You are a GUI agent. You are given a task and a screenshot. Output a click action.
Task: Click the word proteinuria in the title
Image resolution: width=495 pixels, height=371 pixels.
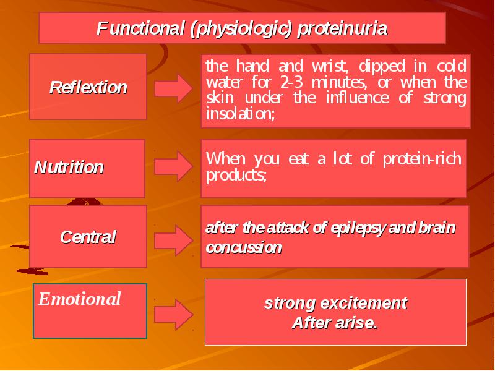pos(342,28)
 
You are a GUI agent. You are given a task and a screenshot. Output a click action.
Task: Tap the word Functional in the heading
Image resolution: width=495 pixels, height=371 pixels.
pos(140,28)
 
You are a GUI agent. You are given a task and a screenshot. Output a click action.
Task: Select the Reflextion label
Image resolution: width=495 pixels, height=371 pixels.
pos(88,87)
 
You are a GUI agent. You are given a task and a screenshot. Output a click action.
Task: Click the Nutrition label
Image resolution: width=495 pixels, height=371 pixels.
pos(69,167)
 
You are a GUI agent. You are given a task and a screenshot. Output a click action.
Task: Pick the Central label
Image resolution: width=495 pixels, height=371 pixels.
pos(88,237)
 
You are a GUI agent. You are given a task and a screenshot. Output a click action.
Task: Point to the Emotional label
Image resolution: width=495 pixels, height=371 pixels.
pos(80,299)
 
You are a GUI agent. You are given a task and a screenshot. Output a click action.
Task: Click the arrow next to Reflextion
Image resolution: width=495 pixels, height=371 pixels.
pos(173,88)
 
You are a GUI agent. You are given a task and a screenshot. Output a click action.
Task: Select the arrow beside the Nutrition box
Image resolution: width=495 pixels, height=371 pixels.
pos(173,166)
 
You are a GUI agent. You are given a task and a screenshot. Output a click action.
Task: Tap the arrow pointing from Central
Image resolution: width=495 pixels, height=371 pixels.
pos(173,241)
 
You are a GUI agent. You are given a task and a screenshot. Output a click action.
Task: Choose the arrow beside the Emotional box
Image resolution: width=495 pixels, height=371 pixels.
pos(173,315)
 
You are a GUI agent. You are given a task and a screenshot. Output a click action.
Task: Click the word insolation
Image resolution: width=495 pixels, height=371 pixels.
pos(240,114)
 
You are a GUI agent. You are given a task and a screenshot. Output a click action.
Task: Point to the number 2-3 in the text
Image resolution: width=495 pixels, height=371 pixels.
pos(291,83)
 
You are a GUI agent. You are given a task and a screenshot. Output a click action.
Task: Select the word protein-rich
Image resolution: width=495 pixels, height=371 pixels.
pos(423,160)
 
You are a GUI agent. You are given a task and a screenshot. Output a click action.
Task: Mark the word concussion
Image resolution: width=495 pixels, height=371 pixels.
pos(243,247)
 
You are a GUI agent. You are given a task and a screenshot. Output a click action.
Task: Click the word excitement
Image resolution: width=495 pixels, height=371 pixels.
pos(364,303)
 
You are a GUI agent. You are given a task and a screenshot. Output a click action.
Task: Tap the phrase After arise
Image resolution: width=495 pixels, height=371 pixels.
pos(335,322)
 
